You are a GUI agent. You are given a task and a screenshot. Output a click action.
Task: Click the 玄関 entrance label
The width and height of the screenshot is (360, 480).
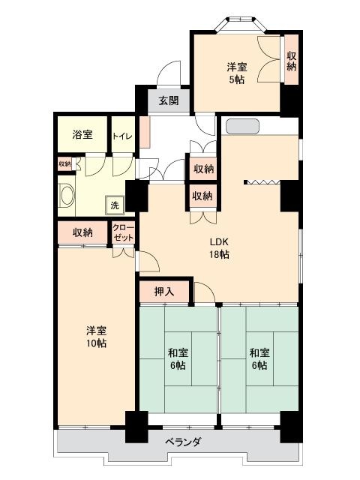[169, 100]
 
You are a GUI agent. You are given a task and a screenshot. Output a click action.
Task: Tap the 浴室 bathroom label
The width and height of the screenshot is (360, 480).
[82, 134]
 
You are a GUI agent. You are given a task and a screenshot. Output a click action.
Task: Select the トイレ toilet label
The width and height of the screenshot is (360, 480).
[122, 136]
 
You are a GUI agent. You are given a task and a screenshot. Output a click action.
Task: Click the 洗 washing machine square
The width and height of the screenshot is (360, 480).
[115, 205]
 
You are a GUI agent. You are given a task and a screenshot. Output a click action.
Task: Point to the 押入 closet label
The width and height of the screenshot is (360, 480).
[164, 292]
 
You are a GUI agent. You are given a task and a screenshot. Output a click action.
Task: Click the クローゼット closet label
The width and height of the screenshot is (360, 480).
[123, 233]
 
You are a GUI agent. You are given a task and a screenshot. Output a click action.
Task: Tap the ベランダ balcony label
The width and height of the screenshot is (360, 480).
[183, 442]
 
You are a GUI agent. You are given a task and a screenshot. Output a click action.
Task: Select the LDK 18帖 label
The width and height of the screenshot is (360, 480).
[219, 248]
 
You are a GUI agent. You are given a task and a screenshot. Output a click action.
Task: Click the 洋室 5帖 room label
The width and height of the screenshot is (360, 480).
[237, 73]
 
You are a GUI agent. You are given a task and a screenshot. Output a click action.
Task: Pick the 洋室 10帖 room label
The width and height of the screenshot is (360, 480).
[96, 337]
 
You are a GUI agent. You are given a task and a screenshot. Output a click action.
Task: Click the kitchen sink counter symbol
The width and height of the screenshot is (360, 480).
[242, 127]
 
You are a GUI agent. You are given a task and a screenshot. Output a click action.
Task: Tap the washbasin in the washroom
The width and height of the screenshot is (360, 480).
[67, 196]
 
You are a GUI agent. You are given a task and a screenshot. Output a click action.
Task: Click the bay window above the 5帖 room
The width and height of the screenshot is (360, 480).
[241, 24]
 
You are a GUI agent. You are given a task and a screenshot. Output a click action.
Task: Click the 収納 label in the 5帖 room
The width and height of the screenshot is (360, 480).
[292, 61]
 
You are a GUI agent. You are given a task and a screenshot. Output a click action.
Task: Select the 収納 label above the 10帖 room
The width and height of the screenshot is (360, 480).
[82, 232]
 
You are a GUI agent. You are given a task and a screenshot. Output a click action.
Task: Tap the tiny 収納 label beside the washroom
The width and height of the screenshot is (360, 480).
[64, 164]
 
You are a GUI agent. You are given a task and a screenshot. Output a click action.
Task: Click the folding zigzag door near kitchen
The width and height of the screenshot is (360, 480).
[263, 182]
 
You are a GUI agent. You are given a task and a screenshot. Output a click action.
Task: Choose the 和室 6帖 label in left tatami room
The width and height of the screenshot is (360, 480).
[178, 359]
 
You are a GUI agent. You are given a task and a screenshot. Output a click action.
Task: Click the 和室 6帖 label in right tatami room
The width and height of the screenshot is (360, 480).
[259, 359]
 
